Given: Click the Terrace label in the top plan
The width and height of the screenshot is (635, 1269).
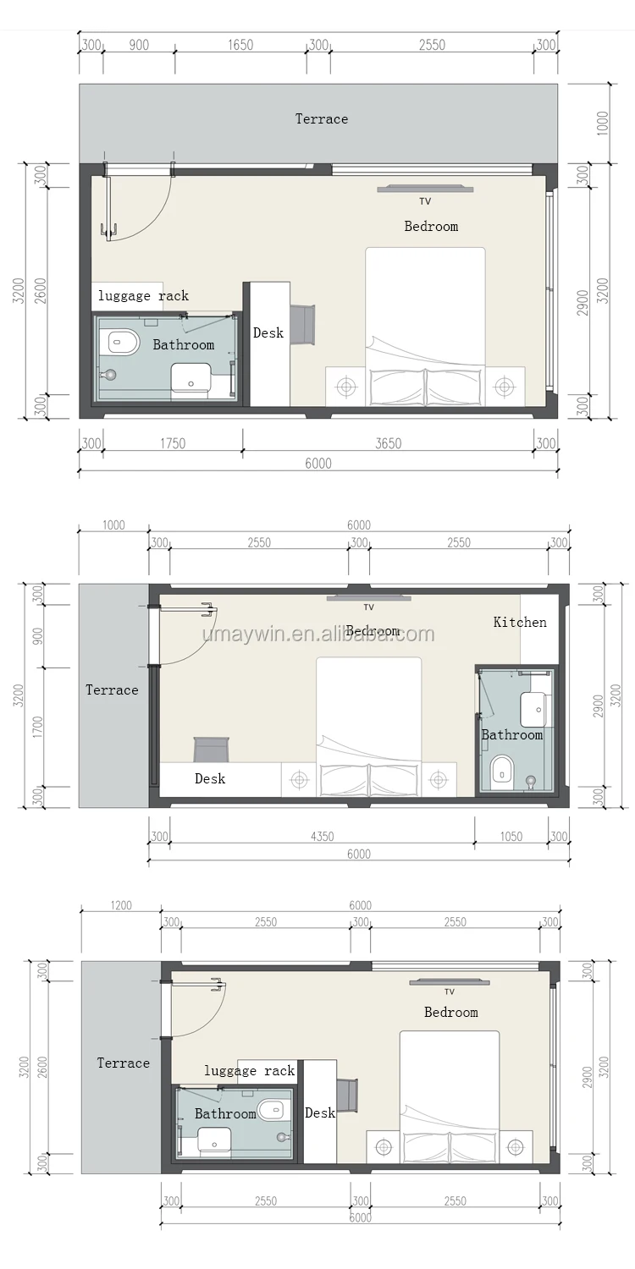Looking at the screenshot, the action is pyautogui.click(x=322, y=119).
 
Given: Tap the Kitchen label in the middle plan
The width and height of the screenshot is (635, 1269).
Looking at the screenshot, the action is pyautogui.click(x=520, y=622).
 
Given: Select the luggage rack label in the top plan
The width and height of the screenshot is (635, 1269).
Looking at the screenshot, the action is pyautogui.click(x=143, y=296).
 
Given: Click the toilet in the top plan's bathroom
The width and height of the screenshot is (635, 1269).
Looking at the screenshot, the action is pyautogui.click(x=123, y=342).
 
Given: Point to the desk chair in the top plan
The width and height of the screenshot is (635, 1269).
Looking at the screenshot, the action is pyautogui.click(x=303, y=323).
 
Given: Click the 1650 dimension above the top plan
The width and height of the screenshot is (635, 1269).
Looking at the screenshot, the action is pyautogui.click(x=240, y=45).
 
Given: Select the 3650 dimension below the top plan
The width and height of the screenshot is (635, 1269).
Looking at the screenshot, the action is pyautogui.click(x=389, y=443).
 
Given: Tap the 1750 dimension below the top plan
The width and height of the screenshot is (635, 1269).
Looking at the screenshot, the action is pyautogui.click(x=173, y=443).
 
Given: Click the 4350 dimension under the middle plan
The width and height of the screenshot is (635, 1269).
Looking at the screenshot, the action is pyautogui.click(x=322, y=836).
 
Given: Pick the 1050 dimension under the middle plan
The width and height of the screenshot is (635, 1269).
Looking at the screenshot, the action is pyautogui.click(x=511, y=836).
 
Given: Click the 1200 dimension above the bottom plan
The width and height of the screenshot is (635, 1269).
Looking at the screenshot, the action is pyautogui.click(x=121, y=905).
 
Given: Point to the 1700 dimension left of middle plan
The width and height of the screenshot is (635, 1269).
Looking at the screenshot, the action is pyautogui.click(x=38, y=727).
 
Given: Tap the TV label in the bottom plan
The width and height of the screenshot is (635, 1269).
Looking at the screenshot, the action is pyautogui.click(x=449, y=992).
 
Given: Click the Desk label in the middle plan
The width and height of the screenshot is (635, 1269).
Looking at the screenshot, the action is pyautogui.click(x=210, y=779).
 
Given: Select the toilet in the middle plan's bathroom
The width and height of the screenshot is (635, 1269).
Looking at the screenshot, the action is pyautogui.click(x=503, y=769).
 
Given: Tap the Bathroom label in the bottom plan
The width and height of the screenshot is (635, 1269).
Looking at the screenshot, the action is pyautogui.click(x=225, y=1114).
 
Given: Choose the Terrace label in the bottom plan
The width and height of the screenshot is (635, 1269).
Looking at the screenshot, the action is pyautogui.click(x=123, y=1063).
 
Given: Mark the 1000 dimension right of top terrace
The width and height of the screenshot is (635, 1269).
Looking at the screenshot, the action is pyautogui.click(x=603, y=123).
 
